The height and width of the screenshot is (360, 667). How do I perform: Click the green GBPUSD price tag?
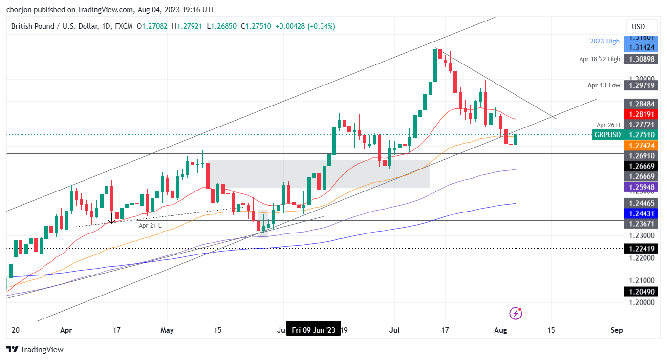coord(607,135)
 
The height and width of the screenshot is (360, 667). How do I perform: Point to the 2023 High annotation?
coord(604,41)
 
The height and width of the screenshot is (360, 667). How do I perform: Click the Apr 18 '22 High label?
coord(600,59)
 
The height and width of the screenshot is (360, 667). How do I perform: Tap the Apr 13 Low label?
coord(603,85)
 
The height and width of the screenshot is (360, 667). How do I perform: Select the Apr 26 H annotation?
coord(608,125)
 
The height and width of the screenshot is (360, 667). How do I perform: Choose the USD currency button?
coord(638,27)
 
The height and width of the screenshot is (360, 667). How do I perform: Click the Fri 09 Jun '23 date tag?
coord(313,330)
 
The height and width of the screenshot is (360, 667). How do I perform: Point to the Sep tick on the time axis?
coord(617,330)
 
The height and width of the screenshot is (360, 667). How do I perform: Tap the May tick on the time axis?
coord(167,330)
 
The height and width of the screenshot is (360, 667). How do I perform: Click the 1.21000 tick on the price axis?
coord(642,280)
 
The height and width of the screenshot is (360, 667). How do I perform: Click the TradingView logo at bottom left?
coord(35,350)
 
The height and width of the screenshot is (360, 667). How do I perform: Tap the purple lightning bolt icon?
coord(516,313)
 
